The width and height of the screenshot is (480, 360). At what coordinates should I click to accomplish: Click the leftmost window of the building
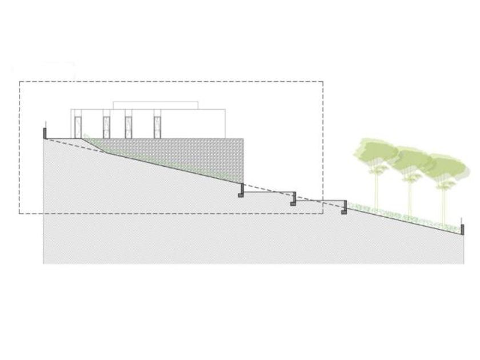pos(78,126)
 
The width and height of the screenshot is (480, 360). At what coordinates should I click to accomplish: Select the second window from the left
pos(106,126)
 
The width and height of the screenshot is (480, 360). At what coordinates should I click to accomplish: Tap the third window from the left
pos(129,126)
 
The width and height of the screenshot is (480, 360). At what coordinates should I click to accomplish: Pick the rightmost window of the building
pos(157,126)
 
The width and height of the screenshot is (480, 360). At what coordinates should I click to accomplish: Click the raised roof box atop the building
pos(155,105)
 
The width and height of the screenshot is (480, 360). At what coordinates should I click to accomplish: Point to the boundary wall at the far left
pos(45,133)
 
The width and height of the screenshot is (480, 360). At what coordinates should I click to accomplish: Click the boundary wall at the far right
pos(463,230)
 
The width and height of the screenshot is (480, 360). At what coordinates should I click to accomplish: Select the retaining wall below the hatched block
pos(242,190)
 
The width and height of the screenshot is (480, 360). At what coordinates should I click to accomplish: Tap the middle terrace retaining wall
pos(294,198)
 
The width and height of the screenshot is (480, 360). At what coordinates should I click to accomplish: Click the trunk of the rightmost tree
pos(444,200)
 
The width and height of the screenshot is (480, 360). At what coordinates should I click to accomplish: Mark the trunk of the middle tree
pos(410,194)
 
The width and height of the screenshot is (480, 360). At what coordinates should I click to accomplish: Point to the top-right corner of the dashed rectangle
pos(323,82)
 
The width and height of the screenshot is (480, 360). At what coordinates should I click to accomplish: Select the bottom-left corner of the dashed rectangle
pos(19,214)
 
